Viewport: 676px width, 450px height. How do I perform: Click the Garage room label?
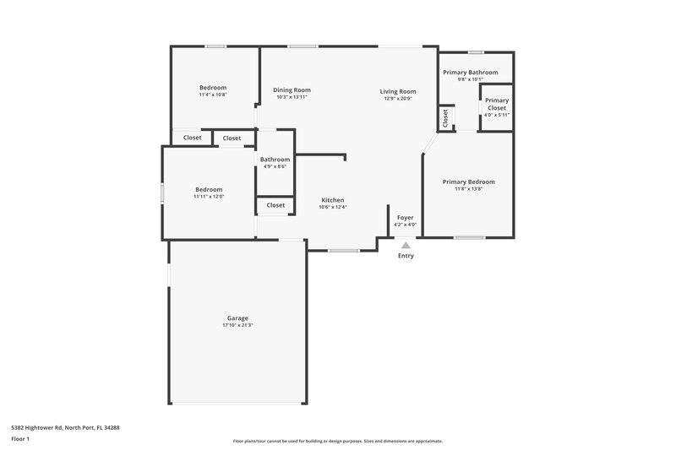pos(237,318)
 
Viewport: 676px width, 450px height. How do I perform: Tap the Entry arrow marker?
pos(406,245)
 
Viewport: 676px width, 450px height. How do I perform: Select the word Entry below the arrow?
pos(406,256)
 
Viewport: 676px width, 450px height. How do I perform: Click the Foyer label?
pos(406,217)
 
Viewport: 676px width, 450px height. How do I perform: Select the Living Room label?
pos(397,91)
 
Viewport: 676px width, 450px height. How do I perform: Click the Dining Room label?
pos(292,90)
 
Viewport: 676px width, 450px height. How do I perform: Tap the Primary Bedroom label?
pos(468,182)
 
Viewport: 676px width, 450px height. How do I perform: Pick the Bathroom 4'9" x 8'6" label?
pos(275,163)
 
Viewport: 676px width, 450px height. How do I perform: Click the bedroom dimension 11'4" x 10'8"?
pos(213,95)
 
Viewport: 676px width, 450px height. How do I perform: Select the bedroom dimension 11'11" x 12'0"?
pos(209,197)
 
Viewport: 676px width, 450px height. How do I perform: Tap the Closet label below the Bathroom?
pos(275,205)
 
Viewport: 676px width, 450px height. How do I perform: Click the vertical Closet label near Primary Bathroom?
pos(445,119)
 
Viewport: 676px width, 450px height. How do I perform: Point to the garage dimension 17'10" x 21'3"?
pos(237,325)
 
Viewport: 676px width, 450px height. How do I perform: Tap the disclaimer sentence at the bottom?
pos(338,441)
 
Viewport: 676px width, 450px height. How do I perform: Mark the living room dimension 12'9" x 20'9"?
pos(397,99)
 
